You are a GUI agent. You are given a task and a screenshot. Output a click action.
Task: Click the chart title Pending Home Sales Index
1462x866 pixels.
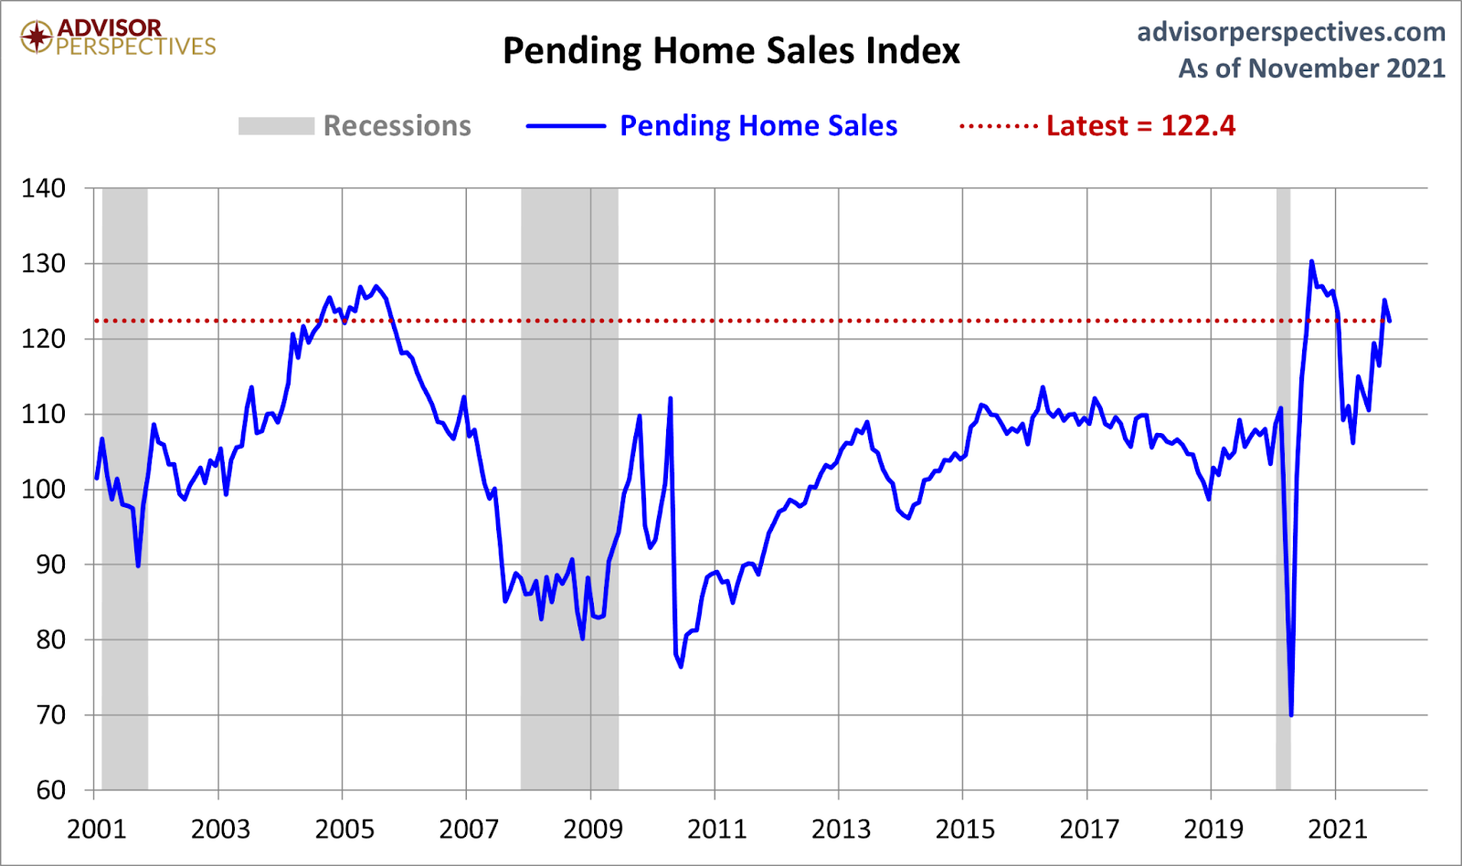click(731, 51)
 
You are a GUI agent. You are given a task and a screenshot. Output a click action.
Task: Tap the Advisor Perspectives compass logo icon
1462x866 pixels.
click(37, 37)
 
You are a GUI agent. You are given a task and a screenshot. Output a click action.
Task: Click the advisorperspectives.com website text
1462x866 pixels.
click(1290, 32)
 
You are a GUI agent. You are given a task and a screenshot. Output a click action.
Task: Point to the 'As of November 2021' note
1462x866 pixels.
click(1311, 69)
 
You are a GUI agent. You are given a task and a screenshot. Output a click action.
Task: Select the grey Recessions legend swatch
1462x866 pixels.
click(276, 126)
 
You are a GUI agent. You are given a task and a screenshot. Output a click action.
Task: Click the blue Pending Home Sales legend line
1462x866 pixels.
click(566, 126)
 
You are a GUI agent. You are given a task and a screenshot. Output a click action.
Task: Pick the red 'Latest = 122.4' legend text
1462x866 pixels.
click(1140, 126)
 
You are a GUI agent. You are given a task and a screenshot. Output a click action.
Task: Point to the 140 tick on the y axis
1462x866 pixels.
click(44, 188)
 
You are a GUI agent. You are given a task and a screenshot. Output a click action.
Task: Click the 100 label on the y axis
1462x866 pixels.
click(44, 489)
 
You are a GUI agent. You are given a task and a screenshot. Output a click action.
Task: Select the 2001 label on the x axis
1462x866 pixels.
click(96, 829)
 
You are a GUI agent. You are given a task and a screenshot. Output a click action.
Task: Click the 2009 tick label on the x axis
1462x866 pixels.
click(593, 829)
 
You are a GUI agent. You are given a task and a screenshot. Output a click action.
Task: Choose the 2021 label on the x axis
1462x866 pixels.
click(1337, 829)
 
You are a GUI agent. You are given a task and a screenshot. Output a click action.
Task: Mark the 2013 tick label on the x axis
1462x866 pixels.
click(841, 829)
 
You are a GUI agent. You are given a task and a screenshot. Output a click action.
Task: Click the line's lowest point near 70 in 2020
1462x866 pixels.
click(1291, 714)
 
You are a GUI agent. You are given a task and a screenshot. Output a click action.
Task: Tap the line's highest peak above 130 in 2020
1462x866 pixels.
click(1311, 262)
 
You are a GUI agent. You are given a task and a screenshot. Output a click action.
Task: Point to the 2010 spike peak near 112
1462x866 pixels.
click(671, 399)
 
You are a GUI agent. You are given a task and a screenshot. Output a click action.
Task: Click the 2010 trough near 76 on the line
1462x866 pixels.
click(681, 666)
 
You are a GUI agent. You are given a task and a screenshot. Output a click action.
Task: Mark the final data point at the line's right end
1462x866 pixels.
click(1390, 321)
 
